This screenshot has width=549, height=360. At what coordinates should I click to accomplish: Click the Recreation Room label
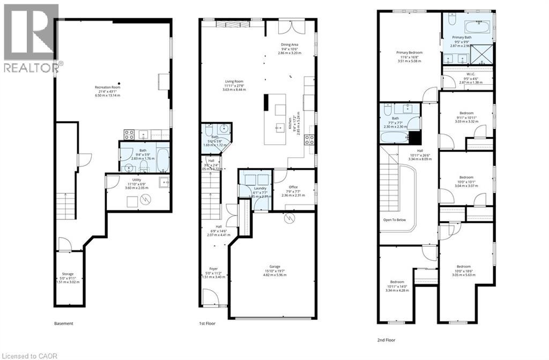click(x=107, y=87)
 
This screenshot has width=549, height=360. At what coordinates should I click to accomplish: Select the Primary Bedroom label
click(x=410, y=53)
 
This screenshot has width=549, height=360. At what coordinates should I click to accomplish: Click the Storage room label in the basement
click(x=68, y=274)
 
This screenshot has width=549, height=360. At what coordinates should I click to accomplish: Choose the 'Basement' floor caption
click(x=63, y=324)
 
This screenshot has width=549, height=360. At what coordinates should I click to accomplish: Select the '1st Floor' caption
click(x=207, y=324)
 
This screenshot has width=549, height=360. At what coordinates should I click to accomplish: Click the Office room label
click(x=293, y=187)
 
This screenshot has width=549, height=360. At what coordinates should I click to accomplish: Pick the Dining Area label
click(x=290, y=45)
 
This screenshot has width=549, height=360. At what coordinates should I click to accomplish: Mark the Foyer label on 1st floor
click(x=214, y=268)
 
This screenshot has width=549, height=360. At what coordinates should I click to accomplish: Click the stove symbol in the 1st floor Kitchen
click(x=310, y=141)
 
